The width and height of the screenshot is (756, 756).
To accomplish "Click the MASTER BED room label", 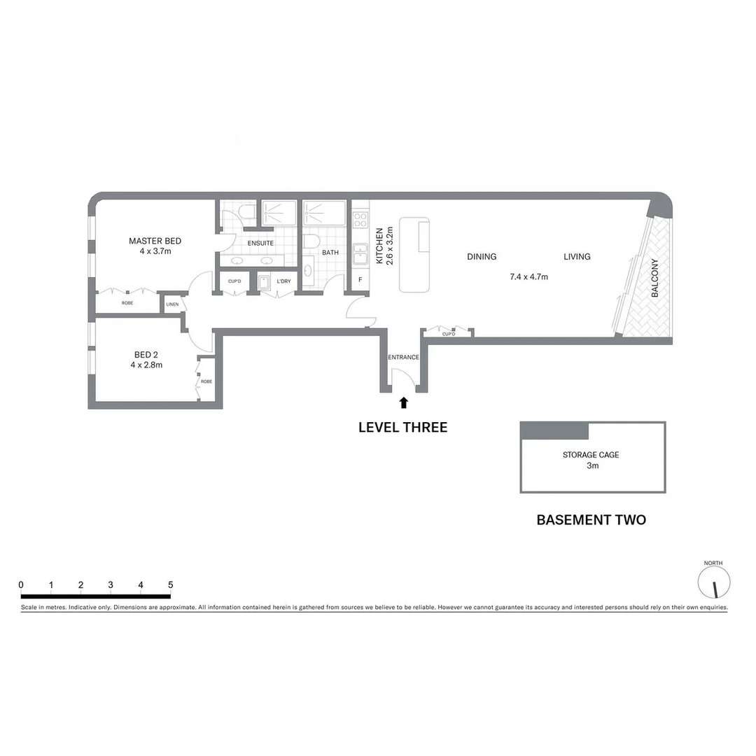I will pyautogui.click(x=155, y=241).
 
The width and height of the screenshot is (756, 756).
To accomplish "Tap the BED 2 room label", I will pyautogui.click(x=146, y=354).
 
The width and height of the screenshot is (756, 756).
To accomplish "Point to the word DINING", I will pyautogui.click(x=482, y=257).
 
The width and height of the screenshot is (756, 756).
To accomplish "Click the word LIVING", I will pyautogui.click(x=577, y=257).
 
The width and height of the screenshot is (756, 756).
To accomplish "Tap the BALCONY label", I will pyautogui.click(x=655, y=279).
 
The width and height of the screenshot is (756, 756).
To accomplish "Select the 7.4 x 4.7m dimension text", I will pyautogui.click(x=528, y=277).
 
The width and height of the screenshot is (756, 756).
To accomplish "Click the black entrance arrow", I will pyautogui.click(x=403, y=402).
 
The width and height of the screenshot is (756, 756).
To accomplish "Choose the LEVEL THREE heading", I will pyautogui.click(x=402, y=427).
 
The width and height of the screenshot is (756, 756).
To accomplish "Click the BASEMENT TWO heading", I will pyautogui.click(x=591, y=520).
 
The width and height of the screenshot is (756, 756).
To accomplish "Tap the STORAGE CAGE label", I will pyautogui.click(x=591, y=455).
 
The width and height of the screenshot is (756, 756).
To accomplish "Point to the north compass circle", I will pyautogui.click(x=714, y=582).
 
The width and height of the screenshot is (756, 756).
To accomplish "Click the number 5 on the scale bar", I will pyautogui.click(x=170, y=585).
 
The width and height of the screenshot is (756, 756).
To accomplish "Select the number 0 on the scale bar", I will pyautogui.click(x=21, y=585).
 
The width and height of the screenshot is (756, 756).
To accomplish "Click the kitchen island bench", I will pyautogui.click(x=414, y=255).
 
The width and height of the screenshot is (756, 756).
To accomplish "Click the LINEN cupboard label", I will pyautogui.click(x=171, y=304).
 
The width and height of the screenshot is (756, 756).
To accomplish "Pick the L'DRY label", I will pyautogui.click(x=283, y=281).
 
